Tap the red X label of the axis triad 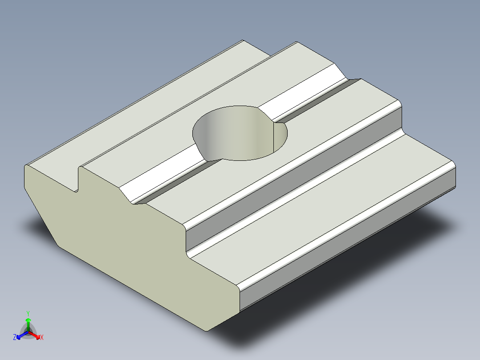pyautogui.click(x=42, y=338)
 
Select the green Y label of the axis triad pyautogui.click(x=28, y=313)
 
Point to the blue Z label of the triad pyautogui.click(x=15, y=338)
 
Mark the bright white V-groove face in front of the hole pyautogui.click(x=165, y=176)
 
